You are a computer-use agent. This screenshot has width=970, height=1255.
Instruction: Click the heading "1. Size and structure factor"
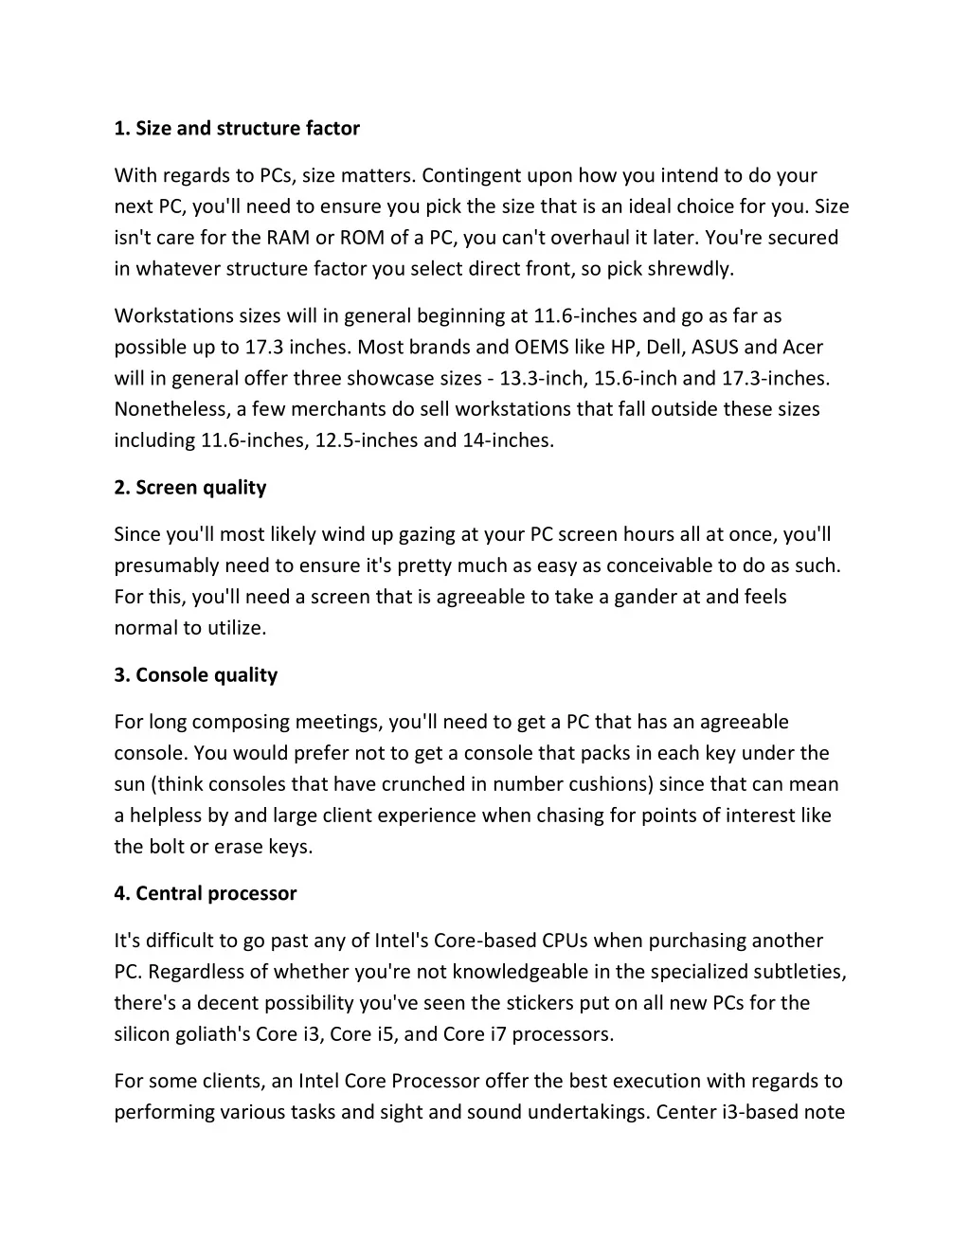(237, 128)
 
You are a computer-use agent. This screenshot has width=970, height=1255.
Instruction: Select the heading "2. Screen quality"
(190, 488)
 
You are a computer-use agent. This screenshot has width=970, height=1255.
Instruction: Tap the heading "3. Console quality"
(196, 675)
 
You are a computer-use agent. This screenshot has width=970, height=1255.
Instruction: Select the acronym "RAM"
(288, 238)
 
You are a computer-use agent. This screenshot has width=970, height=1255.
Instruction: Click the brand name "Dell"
(664, 348)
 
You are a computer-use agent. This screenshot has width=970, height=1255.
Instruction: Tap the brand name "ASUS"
(715, 348)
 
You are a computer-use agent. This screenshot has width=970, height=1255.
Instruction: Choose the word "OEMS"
(541, 348)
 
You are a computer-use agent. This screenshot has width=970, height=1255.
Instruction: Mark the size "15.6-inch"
(636, 379)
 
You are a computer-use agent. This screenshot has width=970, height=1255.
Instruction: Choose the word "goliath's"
(211, 1034)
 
